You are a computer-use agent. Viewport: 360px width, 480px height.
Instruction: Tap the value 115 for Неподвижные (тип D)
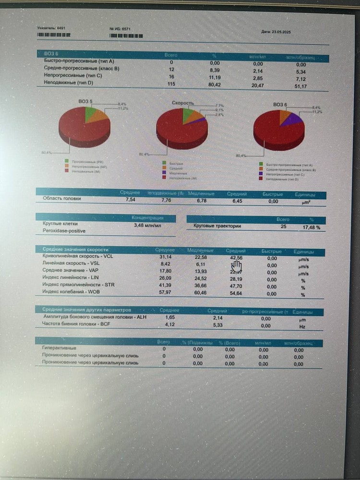tap(171, 84)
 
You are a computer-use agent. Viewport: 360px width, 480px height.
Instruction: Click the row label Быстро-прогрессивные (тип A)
tap(78, 63)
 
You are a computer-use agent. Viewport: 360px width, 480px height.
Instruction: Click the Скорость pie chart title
tap(182, 103)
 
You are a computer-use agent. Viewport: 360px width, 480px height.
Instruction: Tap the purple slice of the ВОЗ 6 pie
tap(293, 119)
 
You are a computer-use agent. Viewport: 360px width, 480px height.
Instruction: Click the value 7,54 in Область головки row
tap(130, 199)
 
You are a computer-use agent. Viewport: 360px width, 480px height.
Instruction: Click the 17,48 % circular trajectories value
tap(311, 227)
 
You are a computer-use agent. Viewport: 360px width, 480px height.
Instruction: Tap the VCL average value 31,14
tap(165, 257)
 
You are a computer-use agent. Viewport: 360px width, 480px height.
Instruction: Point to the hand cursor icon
tap(236, 266)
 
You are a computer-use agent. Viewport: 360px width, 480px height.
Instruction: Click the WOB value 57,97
tap(165, 293)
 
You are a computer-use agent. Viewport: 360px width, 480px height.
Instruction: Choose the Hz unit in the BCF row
tap(302, 326)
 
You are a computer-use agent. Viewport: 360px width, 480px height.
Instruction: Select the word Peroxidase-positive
tap(64, 231)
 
